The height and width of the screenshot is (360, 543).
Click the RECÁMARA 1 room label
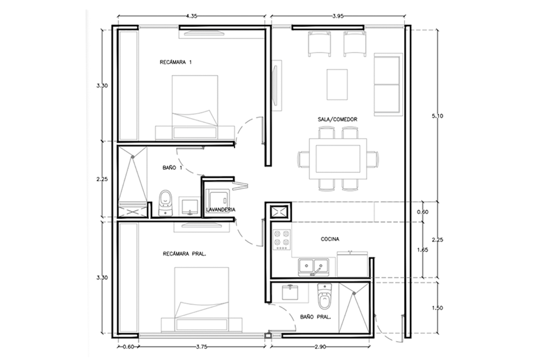coord(176,62)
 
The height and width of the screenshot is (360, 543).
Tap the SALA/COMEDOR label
coord(338,120)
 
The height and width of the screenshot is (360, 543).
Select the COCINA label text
coord(330,239)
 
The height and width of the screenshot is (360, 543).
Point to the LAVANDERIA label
coord(220,210)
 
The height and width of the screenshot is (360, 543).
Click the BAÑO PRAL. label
coord(315,317)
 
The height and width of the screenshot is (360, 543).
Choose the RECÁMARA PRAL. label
coord(185,254)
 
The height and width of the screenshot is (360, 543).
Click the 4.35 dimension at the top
coord(191,16)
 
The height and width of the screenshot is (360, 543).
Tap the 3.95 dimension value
coord(338,16)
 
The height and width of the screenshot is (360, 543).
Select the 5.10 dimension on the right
coord(437,116)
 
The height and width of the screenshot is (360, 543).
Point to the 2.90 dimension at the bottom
coord(320,347)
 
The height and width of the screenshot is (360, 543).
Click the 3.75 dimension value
coord(202,347)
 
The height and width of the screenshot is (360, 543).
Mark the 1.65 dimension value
coord(423,250)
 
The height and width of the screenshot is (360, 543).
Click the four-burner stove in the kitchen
coord(281,240)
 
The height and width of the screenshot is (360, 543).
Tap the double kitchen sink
coord(314,267)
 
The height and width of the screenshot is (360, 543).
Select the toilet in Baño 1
coord(166,203)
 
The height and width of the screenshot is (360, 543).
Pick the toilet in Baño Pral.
coord(324,297)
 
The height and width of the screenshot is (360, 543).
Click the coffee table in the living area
coord(337,84)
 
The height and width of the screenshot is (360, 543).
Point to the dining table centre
coord(338,158)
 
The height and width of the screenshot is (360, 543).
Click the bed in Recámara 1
coord(195,107)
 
